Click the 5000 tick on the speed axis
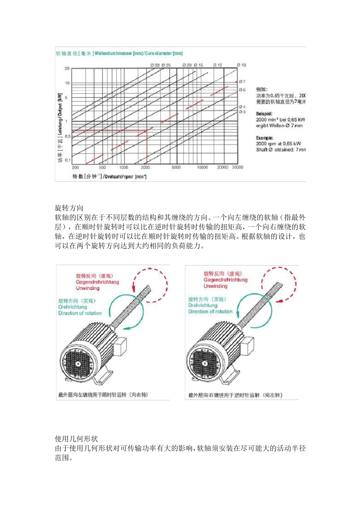[176, 167]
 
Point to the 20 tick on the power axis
[67, 69]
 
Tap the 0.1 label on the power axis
[68, 160]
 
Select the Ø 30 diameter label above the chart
[155, 65]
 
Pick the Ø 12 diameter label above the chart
[218, 65]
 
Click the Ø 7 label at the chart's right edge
[242, 81]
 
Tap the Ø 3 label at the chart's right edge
[242, 112]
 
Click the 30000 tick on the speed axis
[238, 167]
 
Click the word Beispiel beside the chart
[264, 114]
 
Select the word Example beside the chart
[265, 138]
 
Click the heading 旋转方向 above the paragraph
[69, 208]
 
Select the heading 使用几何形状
[77, 439]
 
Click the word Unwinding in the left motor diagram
[88, 288]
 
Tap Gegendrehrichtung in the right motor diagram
[225, 280]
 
